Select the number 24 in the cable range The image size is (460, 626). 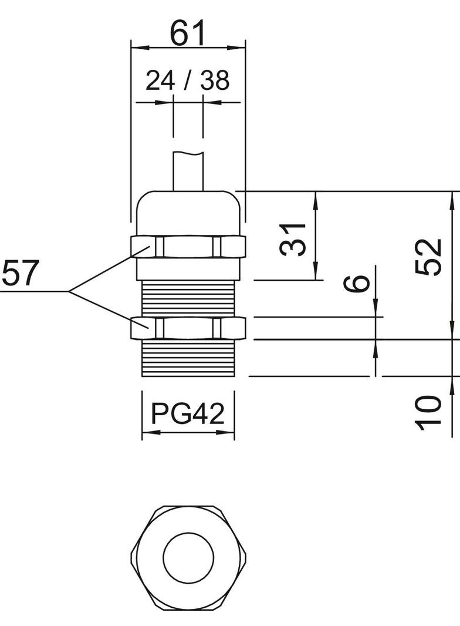(x=160, y=80)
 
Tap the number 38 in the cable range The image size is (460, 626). (x=214, y=80)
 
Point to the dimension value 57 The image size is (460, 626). (x=20, y=273)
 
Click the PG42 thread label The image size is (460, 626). (x=188, y=414)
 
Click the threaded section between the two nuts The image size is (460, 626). (x=188, y=298)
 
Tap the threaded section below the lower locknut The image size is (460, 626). (x=188, y=358)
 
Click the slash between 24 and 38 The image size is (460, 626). (x=187, y=80)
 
